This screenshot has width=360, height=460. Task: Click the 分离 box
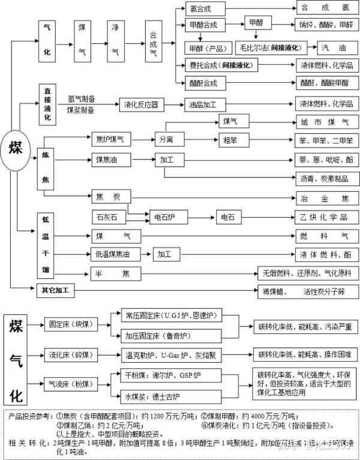click(x=166, y=139)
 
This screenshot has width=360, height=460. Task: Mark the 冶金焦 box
click(x=325, y=198)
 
